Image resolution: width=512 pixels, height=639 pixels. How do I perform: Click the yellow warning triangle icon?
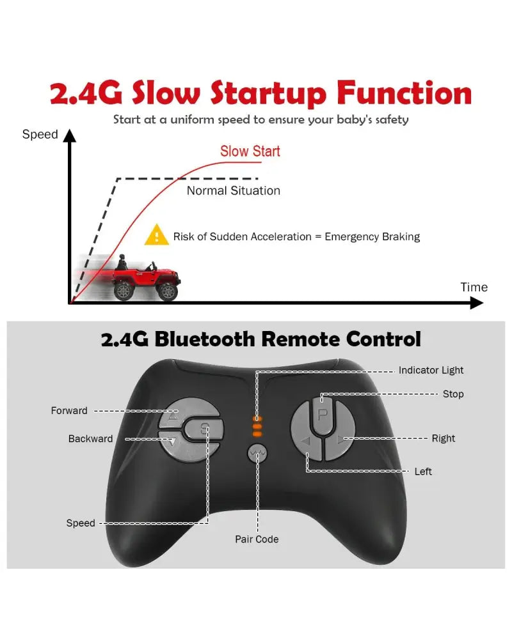pyautogui.click(x=156, y=235)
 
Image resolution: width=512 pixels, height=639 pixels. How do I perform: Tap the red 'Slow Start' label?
pyautogui.click(x=250, y=151)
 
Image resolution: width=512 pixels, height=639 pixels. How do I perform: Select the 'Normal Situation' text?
pyautogui.click(x=234, y=190)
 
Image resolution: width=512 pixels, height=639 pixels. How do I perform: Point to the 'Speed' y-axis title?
pyautogui.click(x=40, y=134)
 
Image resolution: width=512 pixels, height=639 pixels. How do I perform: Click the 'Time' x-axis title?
pyautogui.click(x=474, y=288)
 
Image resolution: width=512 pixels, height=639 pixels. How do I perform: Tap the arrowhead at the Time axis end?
pyautogui.click(x=477, y=303)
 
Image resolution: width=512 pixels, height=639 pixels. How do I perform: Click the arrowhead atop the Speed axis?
pyautogui.click(x=70, y=135)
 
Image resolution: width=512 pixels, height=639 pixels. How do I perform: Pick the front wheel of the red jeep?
pyautogui.click(x=167, y=291)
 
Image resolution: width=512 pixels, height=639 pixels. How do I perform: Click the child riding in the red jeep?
pyautogui.click(x=122, y=262)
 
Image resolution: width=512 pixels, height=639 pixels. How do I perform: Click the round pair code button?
pyautogui.click(x=257, y=452)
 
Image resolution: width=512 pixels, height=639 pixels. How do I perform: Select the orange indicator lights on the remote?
pyautogui.click(x=257, y=426)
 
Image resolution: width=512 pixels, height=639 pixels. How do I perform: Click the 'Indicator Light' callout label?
pyautogui.click(x=431, y=371)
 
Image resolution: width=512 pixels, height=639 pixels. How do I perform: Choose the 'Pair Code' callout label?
pyautogui.click(x=257, y=539)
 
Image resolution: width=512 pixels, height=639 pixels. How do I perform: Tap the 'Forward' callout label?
pyautogui.click(x=69, y=410)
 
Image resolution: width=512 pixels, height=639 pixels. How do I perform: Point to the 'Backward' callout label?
pyautogui.click(x=91, y=439)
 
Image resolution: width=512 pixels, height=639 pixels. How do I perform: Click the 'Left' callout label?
pyautogui.click(x=423, y=472)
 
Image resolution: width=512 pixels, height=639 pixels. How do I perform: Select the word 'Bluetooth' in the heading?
pyautogui.click(x=205, y=339)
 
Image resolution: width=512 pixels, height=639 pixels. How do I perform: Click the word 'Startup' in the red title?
pyautogui.click(x=268, y=94)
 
